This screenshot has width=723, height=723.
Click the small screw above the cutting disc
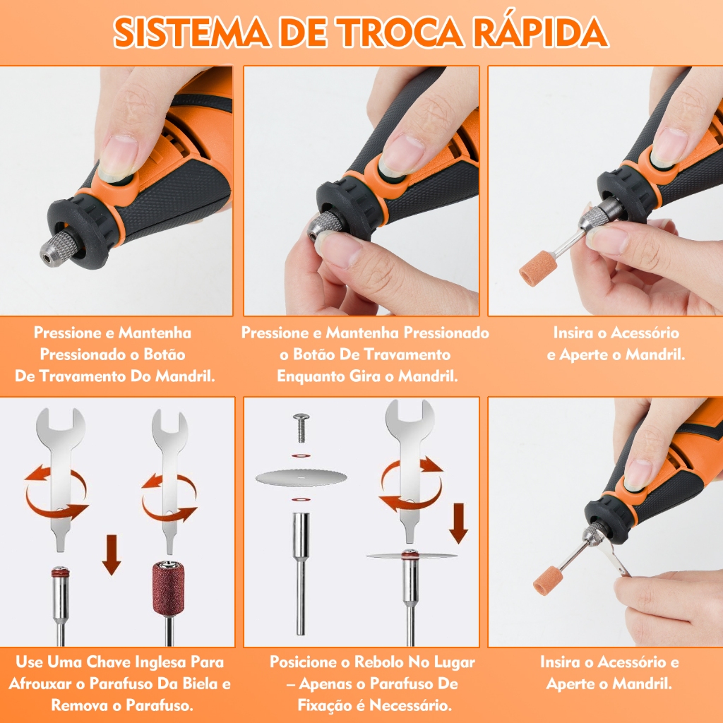[x=301, y=427]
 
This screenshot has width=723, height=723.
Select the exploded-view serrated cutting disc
[x=301, y=478]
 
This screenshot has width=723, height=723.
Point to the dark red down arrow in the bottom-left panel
[x=111, y=555]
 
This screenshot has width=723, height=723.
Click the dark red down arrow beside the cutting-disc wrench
[x=458, y=523]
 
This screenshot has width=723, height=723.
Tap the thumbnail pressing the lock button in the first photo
[x=119, y=157]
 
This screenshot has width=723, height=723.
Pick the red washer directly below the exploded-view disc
[x=301, y=499]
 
